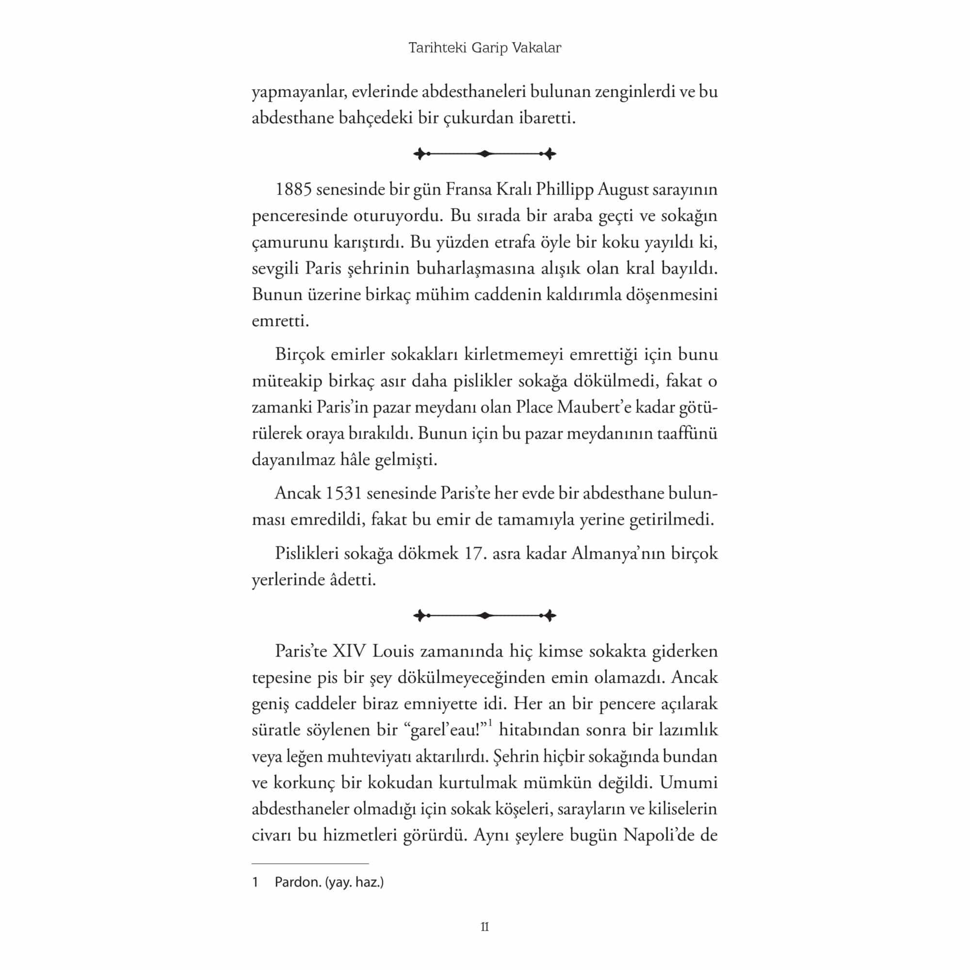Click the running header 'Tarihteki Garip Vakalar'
tap(485, 48)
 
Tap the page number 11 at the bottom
tap(485, 926)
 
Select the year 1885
tap(294, 189)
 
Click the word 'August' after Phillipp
tap(625, 189)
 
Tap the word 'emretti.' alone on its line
tap(280, 320)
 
